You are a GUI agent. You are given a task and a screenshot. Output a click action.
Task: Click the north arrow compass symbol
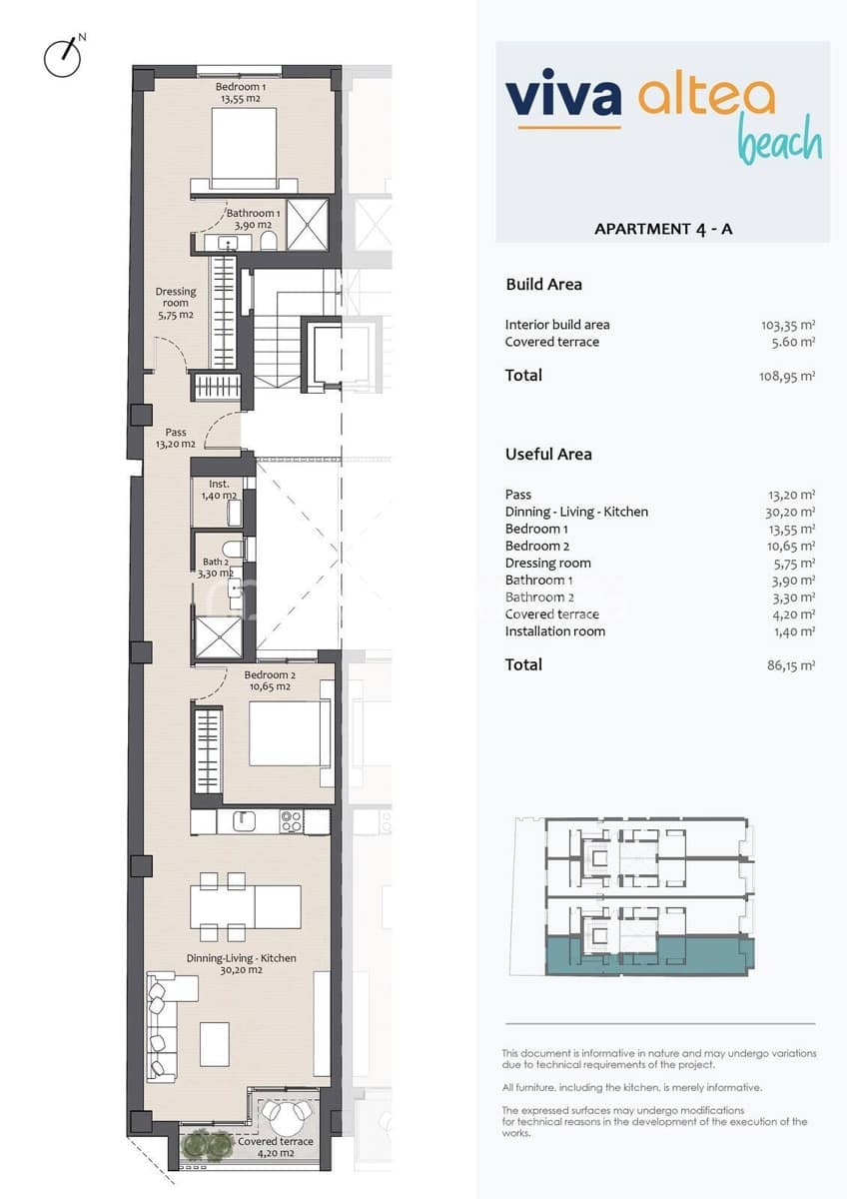63,57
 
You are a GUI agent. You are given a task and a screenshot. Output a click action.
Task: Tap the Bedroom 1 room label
241,93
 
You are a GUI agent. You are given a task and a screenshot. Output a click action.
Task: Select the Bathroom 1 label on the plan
253,219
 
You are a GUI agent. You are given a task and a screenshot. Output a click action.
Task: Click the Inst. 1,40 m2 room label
219,490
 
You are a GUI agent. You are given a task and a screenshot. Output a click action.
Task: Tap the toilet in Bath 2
232,550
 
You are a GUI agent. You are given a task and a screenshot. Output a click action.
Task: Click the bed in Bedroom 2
289,734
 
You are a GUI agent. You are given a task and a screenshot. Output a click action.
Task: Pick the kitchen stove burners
291,821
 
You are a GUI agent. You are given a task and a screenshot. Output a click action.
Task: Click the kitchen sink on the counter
244,821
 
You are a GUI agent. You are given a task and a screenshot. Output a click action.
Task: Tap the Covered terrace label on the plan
275,1147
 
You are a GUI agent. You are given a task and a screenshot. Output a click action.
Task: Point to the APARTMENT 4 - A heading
663,229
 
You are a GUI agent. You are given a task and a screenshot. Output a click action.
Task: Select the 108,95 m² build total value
787,377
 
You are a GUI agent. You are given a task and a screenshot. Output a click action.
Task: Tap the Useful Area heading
548,455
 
